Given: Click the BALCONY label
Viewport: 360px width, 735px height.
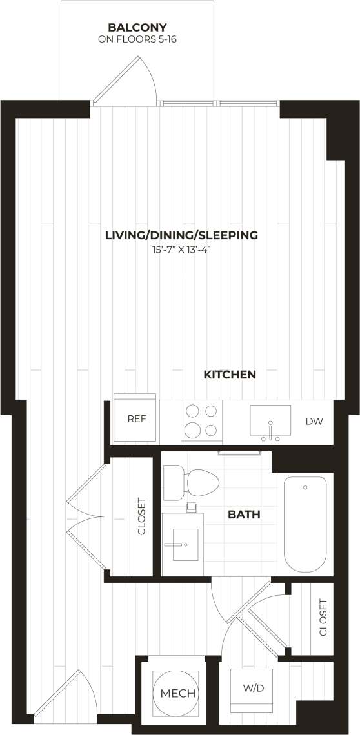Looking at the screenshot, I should point(137,28).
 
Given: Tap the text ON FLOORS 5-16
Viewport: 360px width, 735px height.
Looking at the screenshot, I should point(137,39).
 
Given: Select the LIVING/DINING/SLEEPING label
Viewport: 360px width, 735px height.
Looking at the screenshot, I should point(181,235).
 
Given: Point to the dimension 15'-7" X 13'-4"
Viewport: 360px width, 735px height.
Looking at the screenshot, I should point(181,249).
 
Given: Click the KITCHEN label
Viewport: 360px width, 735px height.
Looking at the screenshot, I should point(230,375).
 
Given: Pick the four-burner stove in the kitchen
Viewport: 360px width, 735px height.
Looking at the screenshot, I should point(201,420).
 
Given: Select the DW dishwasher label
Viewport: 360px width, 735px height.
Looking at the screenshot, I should point(314,422).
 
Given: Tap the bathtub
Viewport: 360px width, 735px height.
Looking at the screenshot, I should point(305,524).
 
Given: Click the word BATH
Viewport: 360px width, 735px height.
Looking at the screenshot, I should point(244,515).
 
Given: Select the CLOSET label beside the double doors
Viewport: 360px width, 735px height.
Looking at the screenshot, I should point(142,517).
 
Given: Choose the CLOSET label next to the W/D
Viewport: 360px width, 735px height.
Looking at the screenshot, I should point(323,618).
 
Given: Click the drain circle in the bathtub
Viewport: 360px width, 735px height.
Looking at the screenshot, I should point(305,487).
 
